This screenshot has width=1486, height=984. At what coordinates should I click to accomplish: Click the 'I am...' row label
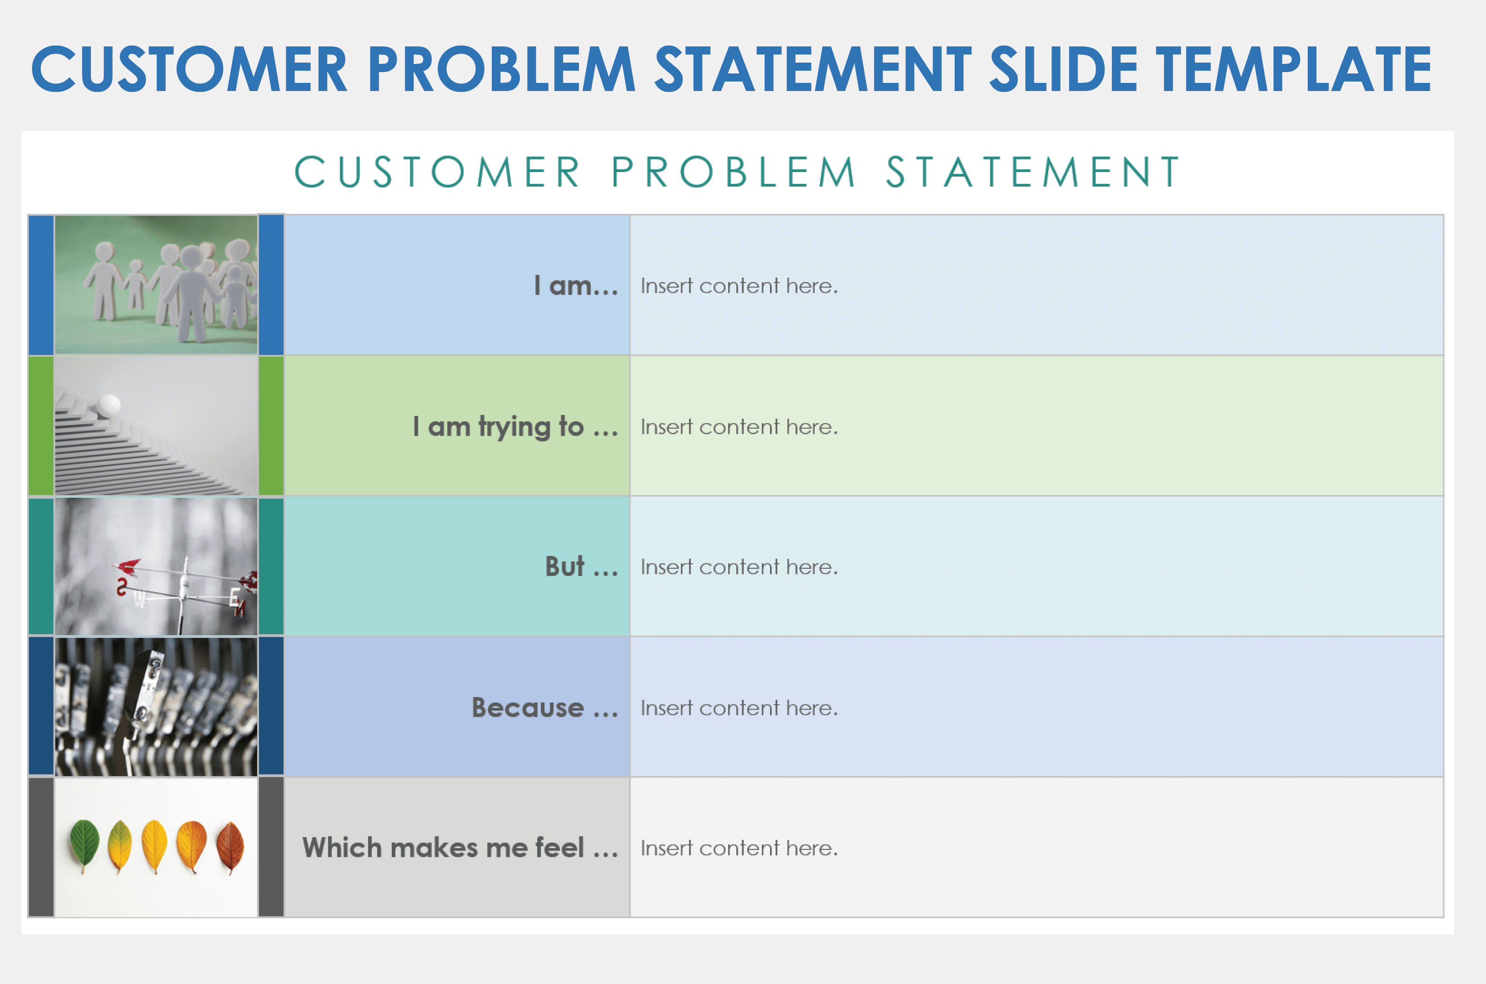[576, 286]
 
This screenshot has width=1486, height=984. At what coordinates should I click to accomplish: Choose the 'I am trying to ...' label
[516, 427]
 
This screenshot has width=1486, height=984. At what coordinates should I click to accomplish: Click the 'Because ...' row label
[545, 708]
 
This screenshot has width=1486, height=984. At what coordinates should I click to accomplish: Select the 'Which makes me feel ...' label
[460, 848]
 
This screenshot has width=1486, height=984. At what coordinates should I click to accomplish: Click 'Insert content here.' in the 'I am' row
[739, 286]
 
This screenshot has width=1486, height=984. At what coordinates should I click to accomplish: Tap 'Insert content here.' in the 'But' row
[739, 567]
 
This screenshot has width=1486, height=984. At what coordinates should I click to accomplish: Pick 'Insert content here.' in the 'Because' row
[739, 709]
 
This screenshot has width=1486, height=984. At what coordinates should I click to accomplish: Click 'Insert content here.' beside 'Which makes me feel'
[739, 848]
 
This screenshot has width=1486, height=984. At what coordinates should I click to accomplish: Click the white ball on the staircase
[109, 405]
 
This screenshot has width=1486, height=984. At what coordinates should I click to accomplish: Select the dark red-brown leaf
[230, 847]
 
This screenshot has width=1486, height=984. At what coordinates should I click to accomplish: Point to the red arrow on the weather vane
[128, 567]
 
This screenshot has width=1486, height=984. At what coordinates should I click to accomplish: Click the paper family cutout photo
[156, 285]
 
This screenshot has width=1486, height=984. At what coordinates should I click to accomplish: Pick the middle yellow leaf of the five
[154, 847]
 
